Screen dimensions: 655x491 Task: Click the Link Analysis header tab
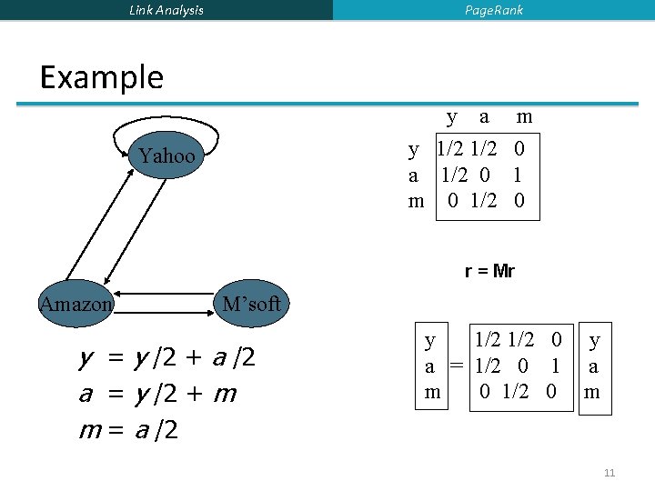pos(166,10)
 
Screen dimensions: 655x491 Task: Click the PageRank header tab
pos(494,10)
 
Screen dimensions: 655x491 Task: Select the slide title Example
pos(102,77)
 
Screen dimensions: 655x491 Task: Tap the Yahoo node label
pos(166,156)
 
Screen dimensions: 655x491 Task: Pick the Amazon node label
pos(76,304)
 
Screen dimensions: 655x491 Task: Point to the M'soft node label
pos(252,304)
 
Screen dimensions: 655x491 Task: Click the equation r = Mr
pos(489,271)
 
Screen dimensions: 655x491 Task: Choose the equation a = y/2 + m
pos(158,394)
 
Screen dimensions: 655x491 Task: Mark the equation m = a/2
pos(127,429)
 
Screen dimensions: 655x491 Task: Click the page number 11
pos(610,473)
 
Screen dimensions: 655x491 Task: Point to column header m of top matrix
pos(524,117)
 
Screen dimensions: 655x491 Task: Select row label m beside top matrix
pos(416,201)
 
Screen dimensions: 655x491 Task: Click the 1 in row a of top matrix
pos(519,174)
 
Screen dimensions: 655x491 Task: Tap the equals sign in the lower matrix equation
pos(456,366)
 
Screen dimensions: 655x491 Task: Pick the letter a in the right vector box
pos(594,366)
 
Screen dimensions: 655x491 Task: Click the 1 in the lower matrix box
pos(553,366)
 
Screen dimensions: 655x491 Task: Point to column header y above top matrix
pos(452,117)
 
